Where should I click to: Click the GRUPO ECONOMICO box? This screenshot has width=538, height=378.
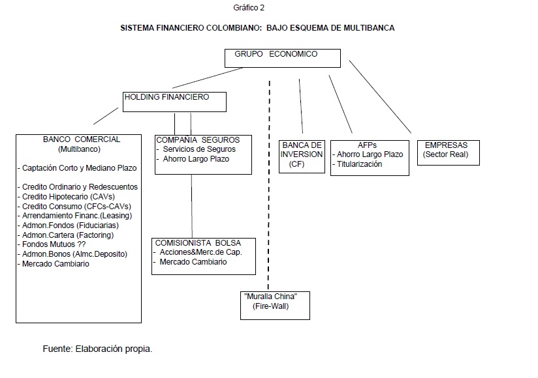[x=283, y=57]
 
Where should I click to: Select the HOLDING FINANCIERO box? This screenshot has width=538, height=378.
[x=174, y=101]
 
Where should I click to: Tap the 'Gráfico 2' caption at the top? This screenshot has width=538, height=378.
[x=249, y=8]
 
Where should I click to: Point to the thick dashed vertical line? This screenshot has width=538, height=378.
[x=269, y=182]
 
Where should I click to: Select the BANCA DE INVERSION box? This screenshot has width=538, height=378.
[x=302, y=156]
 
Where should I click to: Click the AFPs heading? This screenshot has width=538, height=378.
[x=367, y=145]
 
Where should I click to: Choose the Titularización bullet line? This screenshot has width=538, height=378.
[x=359, y=164]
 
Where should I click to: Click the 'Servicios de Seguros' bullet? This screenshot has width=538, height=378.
[x=195, y=149]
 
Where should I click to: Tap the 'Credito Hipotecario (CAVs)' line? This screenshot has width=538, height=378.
[x=65, y=196]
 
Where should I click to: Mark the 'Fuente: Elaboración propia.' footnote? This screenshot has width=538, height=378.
[x=97, y=349]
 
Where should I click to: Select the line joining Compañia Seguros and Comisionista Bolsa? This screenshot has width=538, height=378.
[x=191, y=205]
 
